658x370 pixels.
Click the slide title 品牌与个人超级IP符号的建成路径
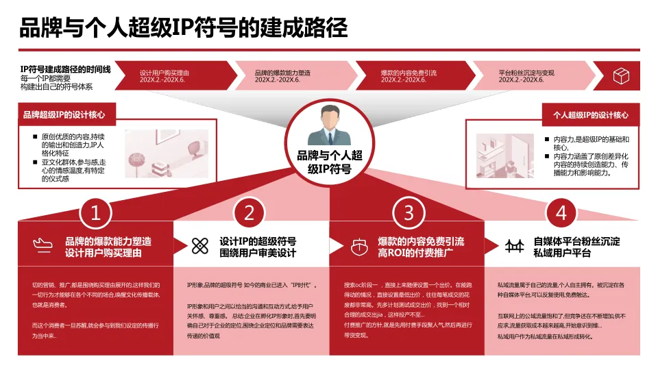click(x=183, y=28)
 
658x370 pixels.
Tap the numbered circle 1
click(x=96, y=213)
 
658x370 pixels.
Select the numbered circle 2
click(x=249, y=213)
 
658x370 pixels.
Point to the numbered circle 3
click(x=409, y=213)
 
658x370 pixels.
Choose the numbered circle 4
click(x=561, y=213)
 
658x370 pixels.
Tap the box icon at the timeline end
click(x=621, y=75)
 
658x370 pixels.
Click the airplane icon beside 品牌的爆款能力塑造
click(x=42, y=246)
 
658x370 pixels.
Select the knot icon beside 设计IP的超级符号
click(x=199, y=246)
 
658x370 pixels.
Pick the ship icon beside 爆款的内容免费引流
click(x=356, y=246)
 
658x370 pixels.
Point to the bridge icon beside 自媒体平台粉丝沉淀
click(x=514, y=246)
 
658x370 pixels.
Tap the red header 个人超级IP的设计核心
click(x=590, y=114)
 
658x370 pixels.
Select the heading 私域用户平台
click(x=562, y=253)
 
